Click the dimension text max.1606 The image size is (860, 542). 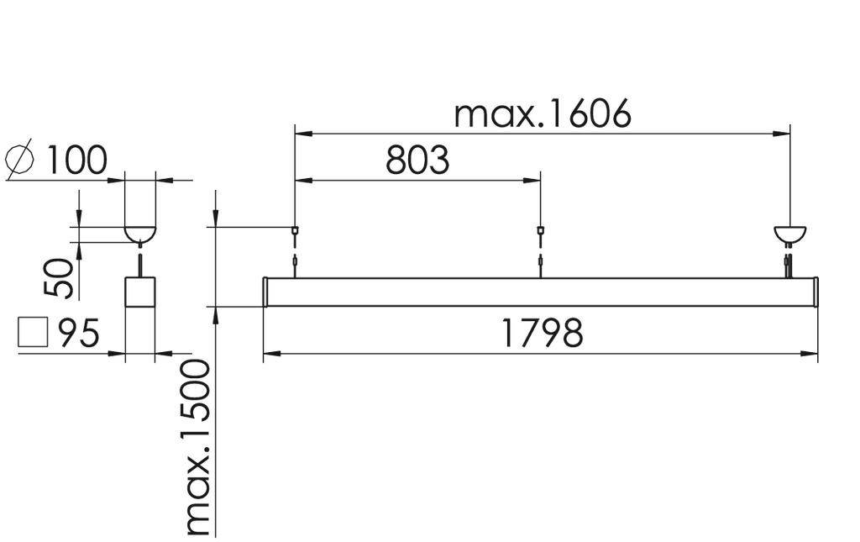(542, 115)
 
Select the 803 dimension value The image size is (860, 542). (417, 160)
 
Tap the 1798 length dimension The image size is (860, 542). (542, 334)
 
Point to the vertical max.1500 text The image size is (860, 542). (198, 447)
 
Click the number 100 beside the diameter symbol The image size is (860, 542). (76, 160)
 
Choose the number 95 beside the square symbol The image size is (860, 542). (79, 334)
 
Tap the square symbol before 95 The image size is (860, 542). (33, 333)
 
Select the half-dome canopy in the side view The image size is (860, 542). (140, 233)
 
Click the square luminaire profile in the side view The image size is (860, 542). (140, 292)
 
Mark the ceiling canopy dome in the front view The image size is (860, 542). (789, 234)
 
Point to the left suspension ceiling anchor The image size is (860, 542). (295, 230)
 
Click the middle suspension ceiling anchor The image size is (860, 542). (540, 230)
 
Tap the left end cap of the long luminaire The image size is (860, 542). (265, 292)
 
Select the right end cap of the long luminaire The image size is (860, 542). (815, 292)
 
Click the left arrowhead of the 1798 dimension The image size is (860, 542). (270, 354)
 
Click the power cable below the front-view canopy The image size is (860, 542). (789, 261)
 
